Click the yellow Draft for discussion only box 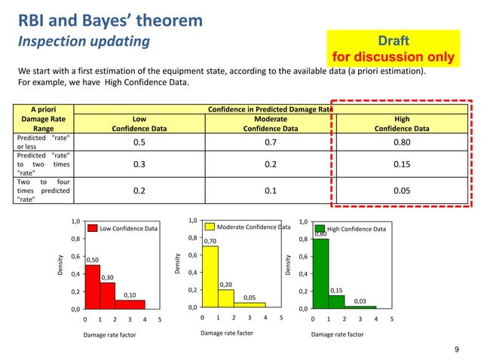pos(394,47)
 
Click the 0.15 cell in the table pos(402,166)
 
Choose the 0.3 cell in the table pos(139,166)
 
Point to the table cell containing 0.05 pos(402,191)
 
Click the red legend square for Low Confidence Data pos(93,228)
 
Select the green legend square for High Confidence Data pos(320,229)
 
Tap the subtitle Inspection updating pos(84,41)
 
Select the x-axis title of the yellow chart pos(227,334)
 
